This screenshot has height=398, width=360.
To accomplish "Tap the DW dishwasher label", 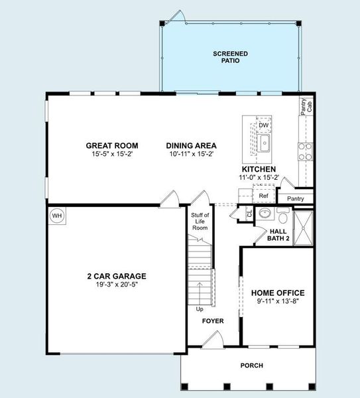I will tap(263, 125).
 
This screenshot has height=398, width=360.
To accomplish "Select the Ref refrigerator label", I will tap(263, 196).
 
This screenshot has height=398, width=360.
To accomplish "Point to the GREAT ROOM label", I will tap(111, 146).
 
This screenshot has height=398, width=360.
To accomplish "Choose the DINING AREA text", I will tap(191, 146).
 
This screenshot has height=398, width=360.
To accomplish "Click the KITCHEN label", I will tap(259, 170).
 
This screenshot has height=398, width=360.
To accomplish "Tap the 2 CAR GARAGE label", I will tap(117, 277).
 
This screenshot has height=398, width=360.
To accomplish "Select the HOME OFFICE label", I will tap(277, 293).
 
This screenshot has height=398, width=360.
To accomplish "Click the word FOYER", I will tap(213, 321).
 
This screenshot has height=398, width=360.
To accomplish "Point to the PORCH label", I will tap(251, 365).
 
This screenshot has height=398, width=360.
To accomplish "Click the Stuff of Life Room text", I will tap(200, 222).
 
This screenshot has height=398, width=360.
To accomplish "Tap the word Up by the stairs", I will tap(200, 309).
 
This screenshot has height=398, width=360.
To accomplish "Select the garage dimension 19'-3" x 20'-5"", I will tap(117, 285).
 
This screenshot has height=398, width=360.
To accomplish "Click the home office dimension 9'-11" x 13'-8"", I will tap(277, 301).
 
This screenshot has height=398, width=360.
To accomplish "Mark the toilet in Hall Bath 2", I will tap(283, 216).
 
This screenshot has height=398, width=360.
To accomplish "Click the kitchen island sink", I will tap(264, 143).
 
